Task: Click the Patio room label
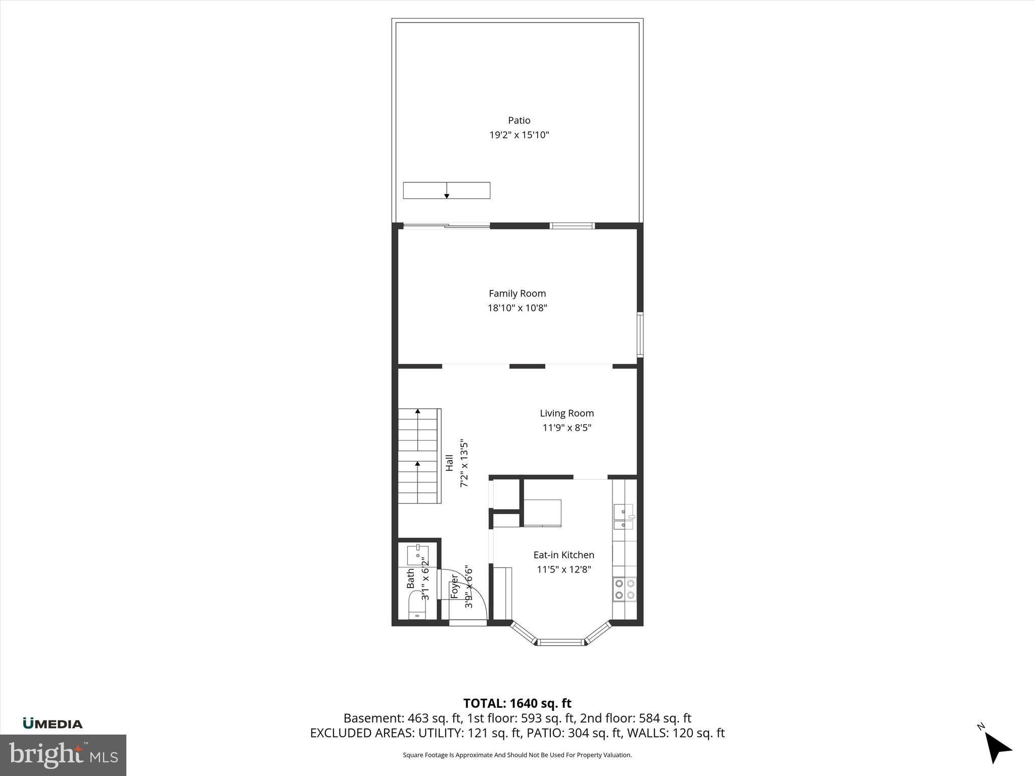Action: pyautogui.click(x=519, y=120)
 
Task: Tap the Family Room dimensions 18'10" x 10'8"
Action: pyautogui.click(x=517, y=308)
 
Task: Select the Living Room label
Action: pyautogui.click(x=567, y=413)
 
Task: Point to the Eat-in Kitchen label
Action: pyautogui.click(x=563, y=555)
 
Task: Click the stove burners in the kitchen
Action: pyautogui.click(x=625, y=589)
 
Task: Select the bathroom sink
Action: pyautogui.click(x=418, y=555)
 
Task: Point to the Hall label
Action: pyautogui.click(x=449, y=463)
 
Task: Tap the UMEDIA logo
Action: pyautogui.click(x=53, y=724)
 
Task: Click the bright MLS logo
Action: pyautogui.click(x=63, y=755)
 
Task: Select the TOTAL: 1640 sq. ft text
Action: pyautogui.click(x=517, y=703)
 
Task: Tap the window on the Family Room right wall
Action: pyautogui.click(x=640, y=335)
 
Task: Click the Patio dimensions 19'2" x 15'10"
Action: pyautogui.click(x=519, y=135)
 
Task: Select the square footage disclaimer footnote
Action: pyautogui.click(x=517, y=755)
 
